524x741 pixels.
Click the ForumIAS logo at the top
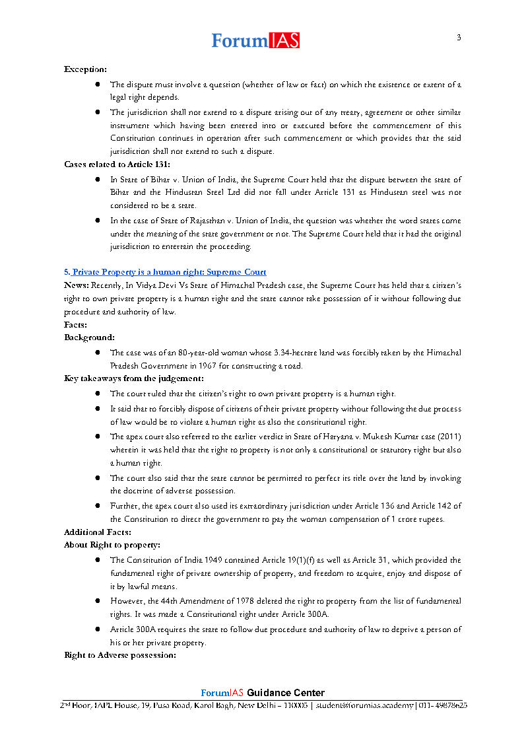(255, 41)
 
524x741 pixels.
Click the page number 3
(459, 38)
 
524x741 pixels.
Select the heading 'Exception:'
(85, 69)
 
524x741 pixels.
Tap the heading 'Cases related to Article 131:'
(117, 164)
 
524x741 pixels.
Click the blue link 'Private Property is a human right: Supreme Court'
(168, 272)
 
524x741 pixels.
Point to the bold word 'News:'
(76, 285)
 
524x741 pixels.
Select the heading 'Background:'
(89, 337)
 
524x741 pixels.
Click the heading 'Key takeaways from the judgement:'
(133, 378)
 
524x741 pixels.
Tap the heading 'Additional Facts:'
(97, 532)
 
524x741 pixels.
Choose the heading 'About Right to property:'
(112, 545)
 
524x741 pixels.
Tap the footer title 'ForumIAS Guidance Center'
(263, 693)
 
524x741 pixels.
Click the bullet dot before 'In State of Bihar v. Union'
(97, 180)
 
